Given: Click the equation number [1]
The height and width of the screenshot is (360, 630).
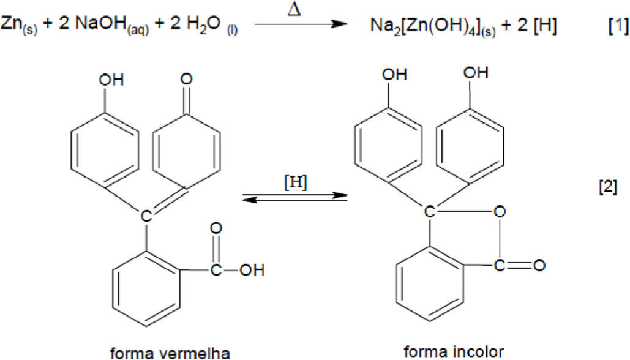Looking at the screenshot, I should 615,27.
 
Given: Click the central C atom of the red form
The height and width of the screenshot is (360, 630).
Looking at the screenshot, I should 146,216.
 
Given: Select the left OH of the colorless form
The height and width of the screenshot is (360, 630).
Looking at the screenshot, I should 394,75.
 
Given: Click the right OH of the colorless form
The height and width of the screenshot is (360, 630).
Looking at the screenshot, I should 476,73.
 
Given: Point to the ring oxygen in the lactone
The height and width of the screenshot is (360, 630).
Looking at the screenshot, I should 500,212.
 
